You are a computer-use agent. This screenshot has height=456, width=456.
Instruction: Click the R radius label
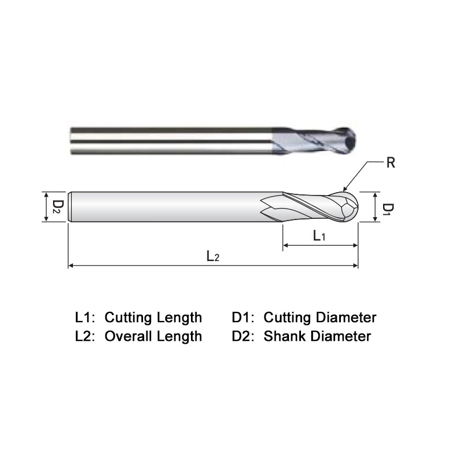390,163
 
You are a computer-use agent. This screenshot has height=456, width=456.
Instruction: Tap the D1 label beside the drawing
386,209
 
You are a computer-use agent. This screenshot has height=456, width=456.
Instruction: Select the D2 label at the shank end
57,206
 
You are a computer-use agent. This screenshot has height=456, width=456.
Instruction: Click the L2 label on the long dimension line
213,256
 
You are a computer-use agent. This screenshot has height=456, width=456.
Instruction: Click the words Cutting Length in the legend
153,317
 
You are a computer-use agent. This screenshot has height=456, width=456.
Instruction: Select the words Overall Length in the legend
153,336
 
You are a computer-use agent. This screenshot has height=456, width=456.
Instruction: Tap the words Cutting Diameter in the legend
320,317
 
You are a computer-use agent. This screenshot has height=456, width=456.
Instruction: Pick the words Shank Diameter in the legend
317,336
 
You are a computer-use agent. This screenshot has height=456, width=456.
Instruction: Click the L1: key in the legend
86,317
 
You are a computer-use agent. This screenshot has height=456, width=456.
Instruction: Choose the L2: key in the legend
86,336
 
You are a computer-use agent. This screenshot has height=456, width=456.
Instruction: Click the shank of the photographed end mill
171,140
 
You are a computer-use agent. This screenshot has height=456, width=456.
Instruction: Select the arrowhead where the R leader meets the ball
344,190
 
